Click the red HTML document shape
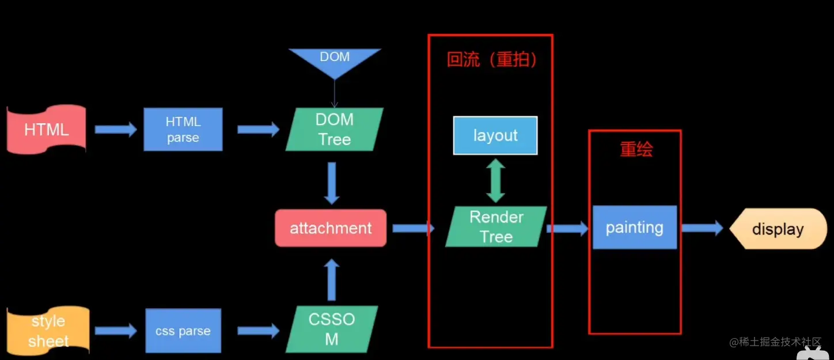(47, 130)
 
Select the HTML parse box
(183, 130)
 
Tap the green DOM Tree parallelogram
(335, 130)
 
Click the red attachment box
(331, 228)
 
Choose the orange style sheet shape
(48, 331)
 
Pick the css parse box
(183, 331)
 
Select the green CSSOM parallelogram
(332, 329)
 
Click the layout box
(495, 135)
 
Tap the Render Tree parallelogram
(496, 227)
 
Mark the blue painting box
(634, 228)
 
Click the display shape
(778, 229)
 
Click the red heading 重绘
(636, 150)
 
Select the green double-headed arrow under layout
(495, 181)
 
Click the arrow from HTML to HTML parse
(116, 130)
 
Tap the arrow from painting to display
(702, 228)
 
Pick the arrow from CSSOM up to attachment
(331, 280)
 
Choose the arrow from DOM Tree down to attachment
(331, 183)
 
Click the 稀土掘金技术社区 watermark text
(775, 342)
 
